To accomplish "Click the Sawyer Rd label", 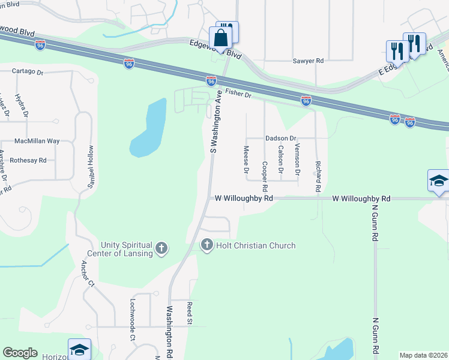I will click(x=308, y=61).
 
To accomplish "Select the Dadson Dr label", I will click(x=281, y=138).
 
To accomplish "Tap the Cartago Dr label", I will click(x=28, y=72).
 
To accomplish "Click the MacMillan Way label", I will click(x=37, y=141).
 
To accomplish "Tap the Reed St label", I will click(x=188, y=313).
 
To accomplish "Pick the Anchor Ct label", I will click(x=88, y=273).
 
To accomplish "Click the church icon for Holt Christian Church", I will click(x=207, y=245).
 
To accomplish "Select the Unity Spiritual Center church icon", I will click(x=161, y=248).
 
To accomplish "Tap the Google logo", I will click(x=20, y=353).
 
